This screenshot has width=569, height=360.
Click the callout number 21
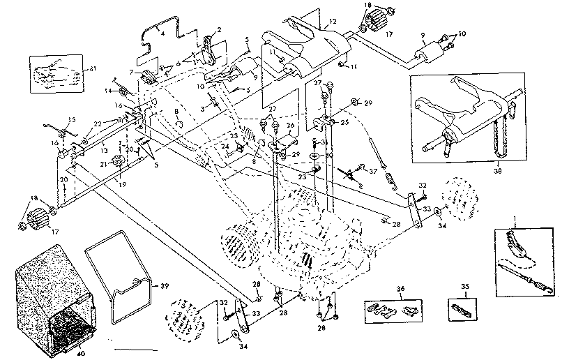(x=103, y=164)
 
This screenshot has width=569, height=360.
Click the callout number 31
(x=325, y=142)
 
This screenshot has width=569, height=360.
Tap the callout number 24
(x=225, y=147)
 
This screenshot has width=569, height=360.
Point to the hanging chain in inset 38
(x=515, y=137)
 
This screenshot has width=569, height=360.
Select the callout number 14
(x=109, y=90)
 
